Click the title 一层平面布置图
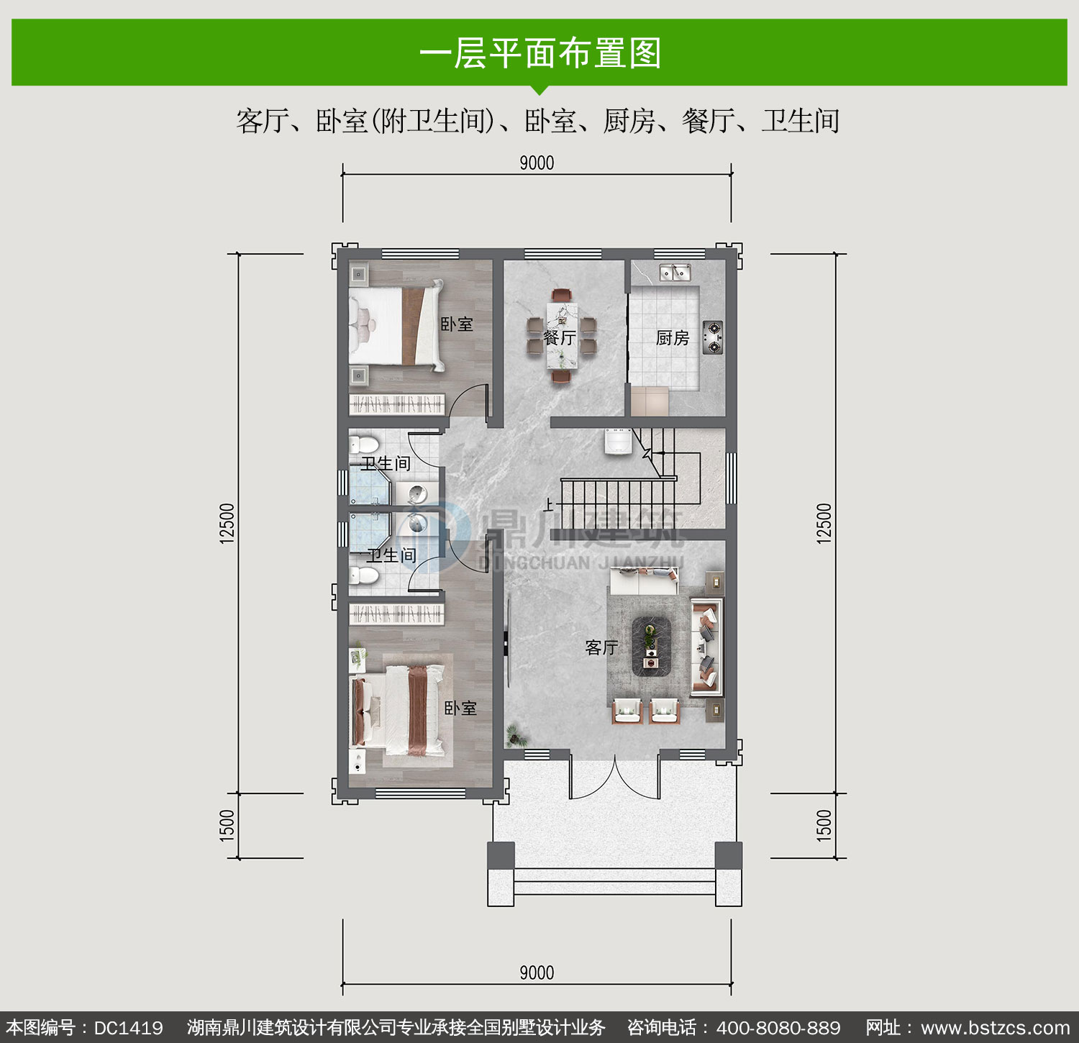click(x=539, y=53)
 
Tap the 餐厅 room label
click(x=560, y=337)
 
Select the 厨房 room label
click(x=673, y=337)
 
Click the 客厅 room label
click(x=601, y=647)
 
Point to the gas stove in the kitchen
click(x=712, y=337)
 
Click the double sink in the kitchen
click(x=675, y=272)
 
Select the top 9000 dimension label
click(x=537, y=163)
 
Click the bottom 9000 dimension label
click(x=537, y=973)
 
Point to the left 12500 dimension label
click(x=227, y=523)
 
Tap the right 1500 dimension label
click(x=824, y=825)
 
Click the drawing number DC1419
click(x=129, y=1028)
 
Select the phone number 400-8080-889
click(x=778, y=1028)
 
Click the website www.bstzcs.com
click(x=996, y=1028)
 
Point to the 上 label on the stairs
click(x=549, y=505)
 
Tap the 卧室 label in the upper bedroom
click(x=457, y=324)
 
